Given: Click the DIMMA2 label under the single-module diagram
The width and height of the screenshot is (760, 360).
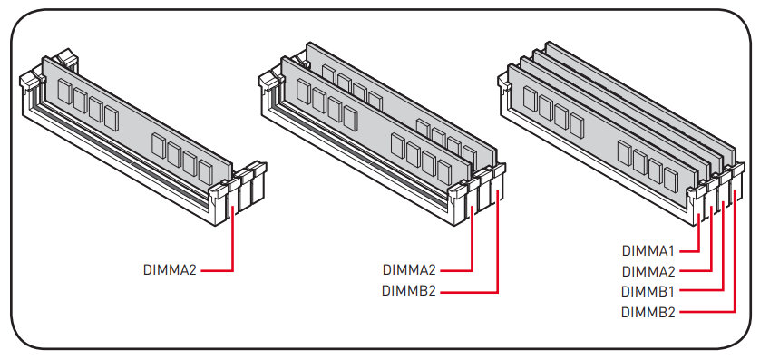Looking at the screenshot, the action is click(170, 270).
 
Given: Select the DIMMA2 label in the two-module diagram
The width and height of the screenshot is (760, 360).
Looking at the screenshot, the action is click(409, 270).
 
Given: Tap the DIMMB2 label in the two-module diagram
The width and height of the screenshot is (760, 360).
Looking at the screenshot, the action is click(409, 291).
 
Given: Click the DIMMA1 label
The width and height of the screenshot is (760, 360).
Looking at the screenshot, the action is click(648, 251).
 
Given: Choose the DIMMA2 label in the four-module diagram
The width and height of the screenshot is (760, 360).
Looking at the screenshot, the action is click(648, 271).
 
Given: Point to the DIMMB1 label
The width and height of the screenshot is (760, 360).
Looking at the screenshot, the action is click(648, 292).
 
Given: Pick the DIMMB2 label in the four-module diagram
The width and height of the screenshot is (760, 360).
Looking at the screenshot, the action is click(648, 313).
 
